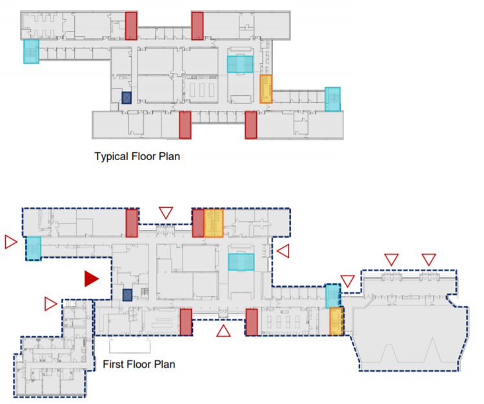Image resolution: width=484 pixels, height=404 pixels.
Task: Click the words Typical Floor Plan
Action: click(x=137, y=156)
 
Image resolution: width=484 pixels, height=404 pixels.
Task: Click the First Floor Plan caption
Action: click(x=139, y=365)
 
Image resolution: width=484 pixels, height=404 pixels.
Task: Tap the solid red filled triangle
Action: click(x=91, y=278)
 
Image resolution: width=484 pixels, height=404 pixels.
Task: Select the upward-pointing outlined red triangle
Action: click(x=223, y=332)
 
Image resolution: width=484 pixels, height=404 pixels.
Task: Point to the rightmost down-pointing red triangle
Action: click(x=429, y=259)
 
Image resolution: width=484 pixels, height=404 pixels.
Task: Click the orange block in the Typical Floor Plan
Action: click(x=265, y=88)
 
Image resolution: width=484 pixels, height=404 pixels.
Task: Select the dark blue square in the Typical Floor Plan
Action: click(x=126, y=97)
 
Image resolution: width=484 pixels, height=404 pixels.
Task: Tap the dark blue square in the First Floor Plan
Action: click(x=127, y=295)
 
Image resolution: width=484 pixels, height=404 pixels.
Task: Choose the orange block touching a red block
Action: click(x=214, y=223)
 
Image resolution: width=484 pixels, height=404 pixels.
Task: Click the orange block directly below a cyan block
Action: click(x=336, y=321)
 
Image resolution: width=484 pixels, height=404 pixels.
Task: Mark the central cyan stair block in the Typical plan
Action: click(x=240, y=65)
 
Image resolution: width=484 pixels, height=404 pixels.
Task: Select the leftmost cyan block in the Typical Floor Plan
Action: click(x=31, y=52)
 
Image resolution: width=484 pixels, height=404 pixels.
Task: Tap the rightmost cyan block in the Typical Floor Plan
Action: click(x=332, y=99)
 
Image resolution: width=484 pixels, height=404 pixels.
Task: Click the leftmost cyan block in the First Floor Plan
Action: click(x=33, y=248)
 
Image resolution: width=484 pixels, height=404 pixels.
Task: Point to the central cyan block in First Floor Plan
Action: click(x=241, y=261)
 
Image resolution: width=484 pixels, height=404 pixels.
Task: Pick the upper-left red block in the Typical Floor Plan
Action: click(x=131, y=26)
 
